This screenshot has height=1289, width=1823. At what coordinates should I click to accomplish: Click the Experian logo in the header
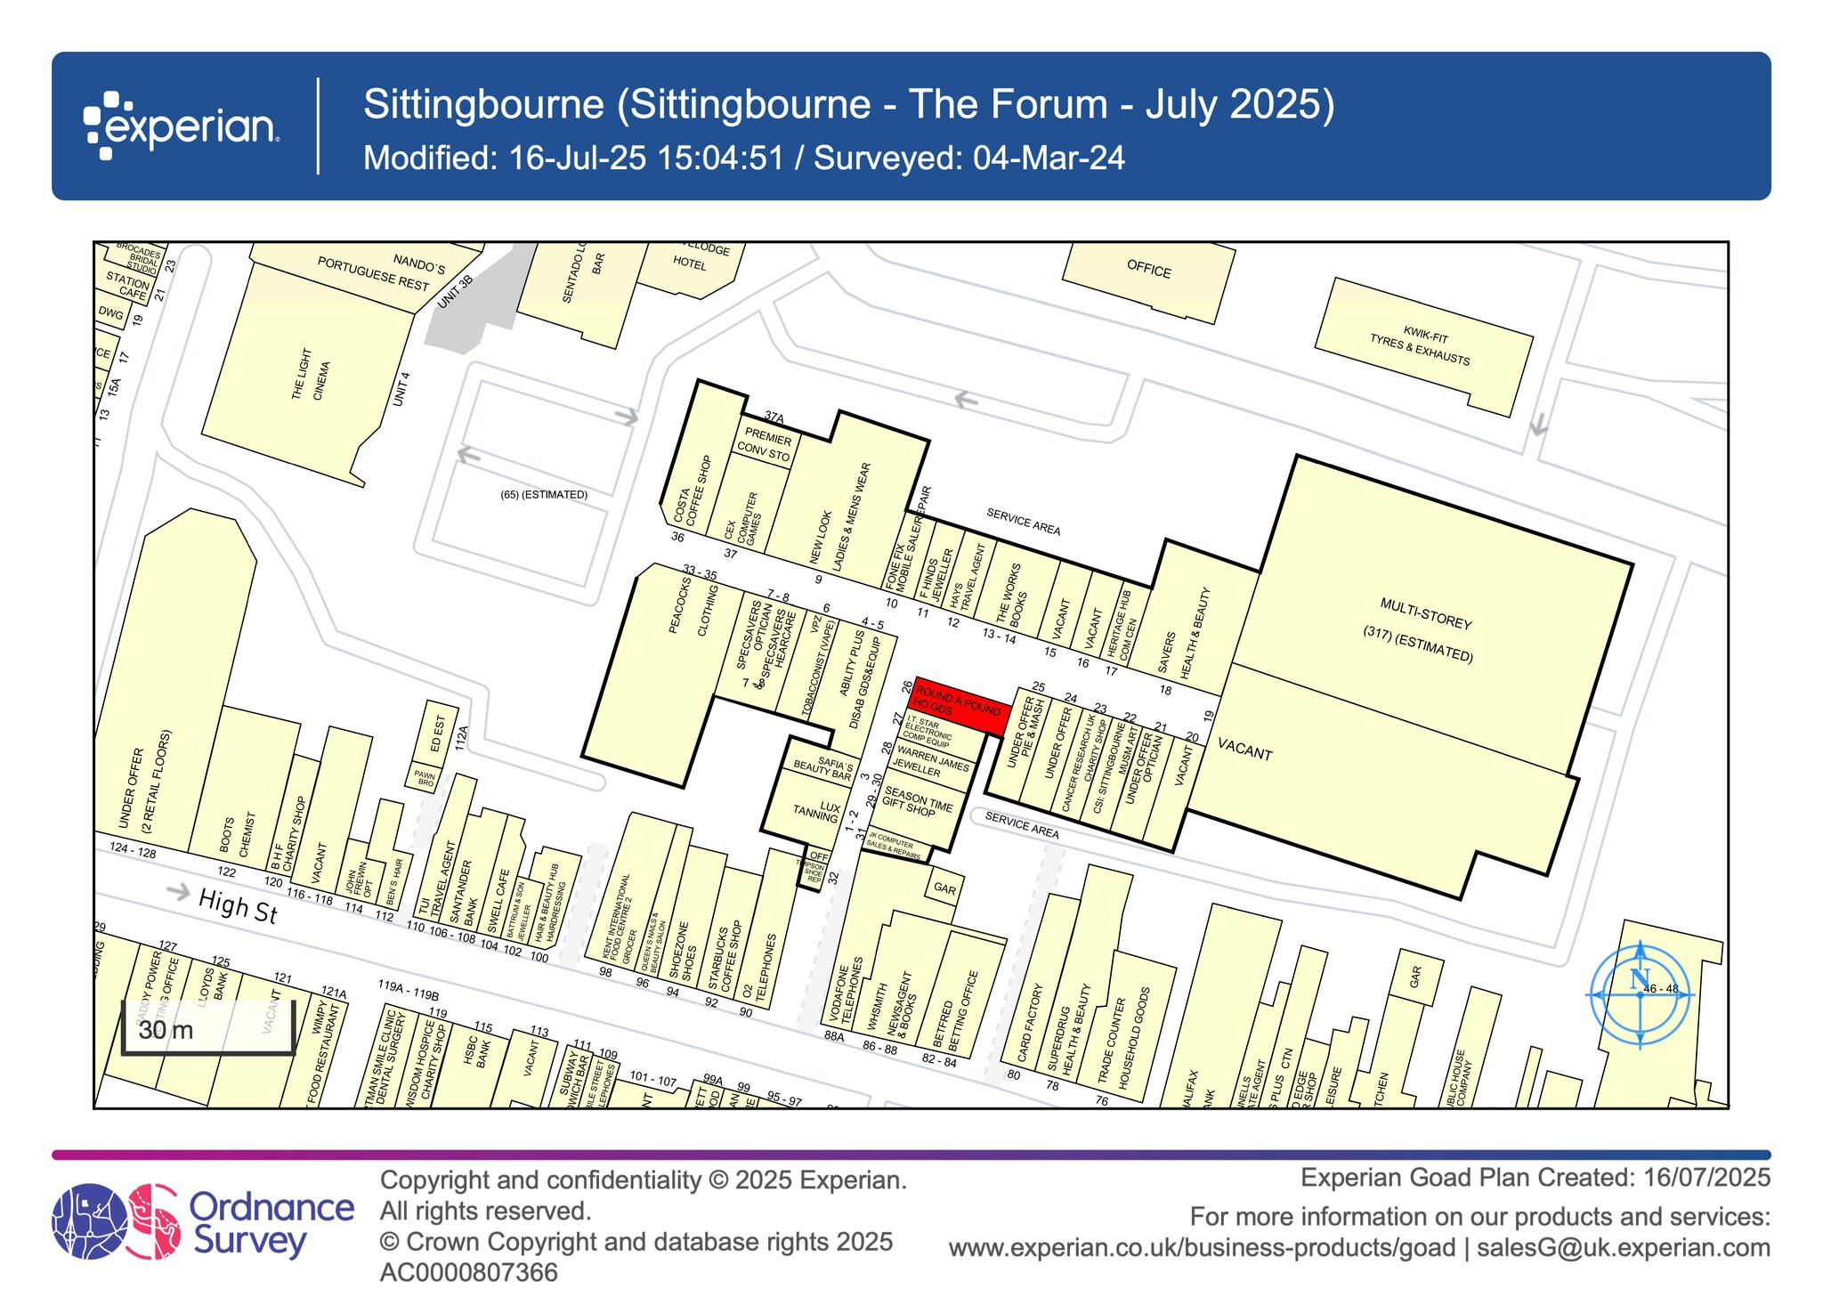(x=182, y=126)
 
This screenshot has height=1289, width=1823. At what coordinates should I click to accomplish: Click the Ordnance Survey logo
(x=203, y=1220)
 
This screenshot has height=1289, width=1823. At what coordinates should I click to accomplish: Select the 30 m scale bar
(x=207, y=1030)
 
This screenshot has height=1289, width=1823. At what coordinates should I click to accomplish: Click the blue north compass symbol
(x=1640, y=993)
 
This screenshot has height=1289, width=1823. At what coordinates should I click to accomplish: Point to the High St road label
(x=238, y=906)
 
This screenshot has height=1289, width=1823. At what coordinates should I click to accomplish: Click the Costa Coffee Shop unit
(x=694, y=491)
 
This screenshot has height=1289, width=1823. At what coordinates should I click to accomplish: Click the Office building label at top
(x=1149, y=270)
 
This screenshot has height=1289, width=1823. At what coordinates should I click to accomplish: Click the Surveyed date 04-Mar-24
(x=1049, y=158)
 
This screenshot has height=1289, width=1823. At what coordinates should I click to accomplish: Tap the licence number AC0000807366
(x=469, y=1272)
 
